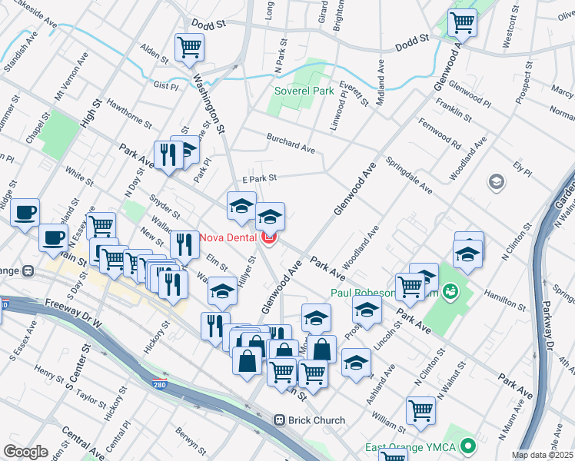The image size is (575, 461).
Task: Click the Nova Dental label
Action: [x=228, y=237]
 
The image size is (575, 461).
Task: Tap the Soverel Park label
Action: [x=304, y=91]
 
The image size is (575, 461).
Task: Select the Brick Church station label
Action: [x=317, y=420]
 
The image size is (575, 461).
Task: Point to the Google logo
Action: [x=25, y=452]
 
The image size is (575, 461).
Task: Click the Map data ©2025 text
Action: [x=543, y=455]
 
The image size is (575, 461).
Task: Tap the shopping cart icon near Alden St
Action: [x=189, y=48]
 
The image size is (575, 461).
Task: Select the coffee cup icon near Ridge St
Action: [x=25, y=211]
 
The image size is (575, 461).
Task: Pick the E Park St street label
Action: [x=259, y=178]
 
